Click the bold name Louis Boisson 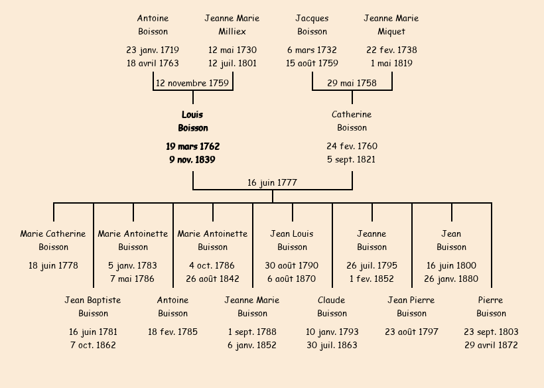[x=192, y=121]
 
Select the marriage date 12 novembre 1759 [x=192, y=83]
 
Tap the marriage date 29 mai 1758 [x=352, y=83]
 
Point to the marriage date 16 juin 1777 [x=272, y=182]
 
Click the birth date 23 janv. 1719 [x=153, y=50]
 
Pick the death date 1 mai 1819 [x=391, y=63]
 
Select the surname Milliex [x=232, y=31]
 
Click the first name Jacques [x=312, y=18]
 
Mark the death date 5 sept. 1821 [x=352, y=159]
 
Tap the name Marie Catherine [x=53, y=233]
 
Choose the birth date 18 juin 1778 [x=53, y=265]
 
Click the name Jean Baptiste [x=93, y=300]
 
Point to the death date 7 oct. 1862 [x=93, y=345]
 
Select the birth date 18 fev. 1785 [x=172, y=332]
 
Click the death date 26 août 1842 [x=212, y=279]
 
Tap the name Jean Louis [x=292, y=233]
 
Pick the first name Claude [x=332, y=300]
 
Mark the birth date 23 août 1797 [x=411, y=332]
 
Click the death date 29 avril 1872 [x=491, y=345]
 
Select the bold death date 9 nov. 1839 [x=192, y=159]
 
